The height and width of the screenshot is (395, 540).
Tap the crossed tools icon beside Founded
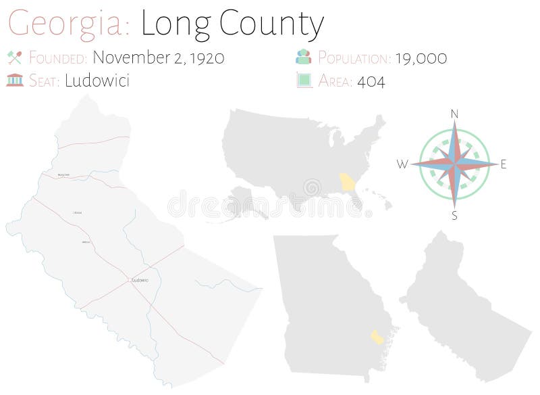14,57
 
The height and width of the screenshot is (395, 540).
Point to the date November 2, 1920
158,57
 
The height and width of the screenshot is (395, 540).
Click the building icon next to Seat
14,80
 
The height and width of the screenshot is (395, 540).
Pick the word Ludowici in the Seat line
97,80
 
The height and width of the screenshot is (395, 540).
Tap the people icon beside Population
304,57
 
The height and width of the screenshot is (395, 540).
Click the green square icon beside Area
304,80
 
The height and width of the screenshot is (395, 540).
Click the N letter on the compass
455,114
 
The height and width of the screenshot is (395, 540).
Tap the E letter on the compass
504,164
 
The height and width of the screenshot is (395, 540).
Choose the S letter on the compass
454,216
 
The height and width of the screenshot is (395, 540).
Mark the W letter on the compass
402,164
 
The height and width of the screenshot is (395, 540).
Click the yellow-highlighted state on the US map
348,182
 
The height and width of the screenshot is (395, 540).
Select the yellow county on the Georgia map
377,337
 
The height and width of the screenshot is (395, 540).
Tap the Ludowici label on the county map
140,280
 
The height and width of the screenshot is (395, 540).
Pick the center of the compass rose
454,164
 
